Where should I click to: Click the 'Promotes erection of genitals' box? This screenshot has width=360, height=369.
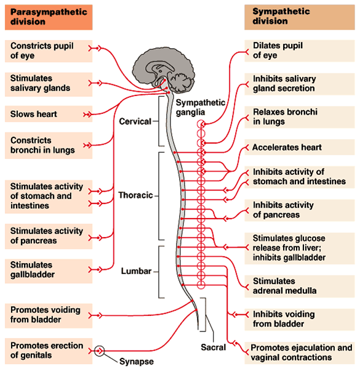coord(47,350)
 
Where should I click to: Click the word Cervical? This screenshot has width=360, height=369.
coord(135,121)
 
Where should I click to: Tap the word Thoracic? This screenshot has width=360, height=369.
coord(135,195)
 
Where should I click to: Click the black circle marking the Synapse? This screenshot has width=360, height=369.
coord(100,351)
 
